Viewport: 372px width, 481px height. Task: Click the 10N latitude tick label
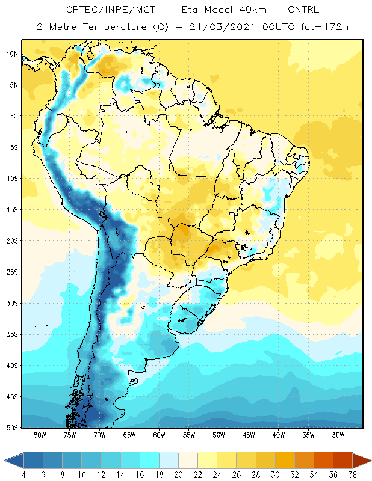pyautogui.click(x=12, y=54)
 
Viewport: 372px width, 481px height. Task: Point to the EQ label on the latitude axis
pyautogui.click(x=14, y=116)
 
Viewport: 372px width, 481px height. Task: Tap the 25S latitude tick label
pyautogui.click(x=12, y=272)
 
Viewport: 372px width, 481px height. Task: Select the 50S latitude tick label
pyautogui.click(x=12, y=427)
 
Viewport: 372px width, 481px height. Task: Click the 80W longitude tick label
pyautogui.click(x=40, y=435)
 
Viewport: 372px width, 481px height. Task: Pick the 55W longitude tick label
pyautogui.click(x=189, y=435)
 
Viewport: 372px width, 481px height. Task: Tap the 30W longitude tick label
pyautogui.click(x=338, y=435)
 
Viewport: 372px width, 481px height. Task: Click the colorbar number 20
pyautogui.click(x=178, y=475)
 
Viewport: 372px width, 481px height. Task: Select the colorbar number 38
pyautogui.click(x=352, y=475)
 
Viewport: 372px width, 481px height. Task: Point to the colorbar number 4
pyautogui.click(x=24, y=475)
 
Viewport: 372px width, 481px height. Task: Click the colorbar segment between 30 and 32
pyautogui.click(x=285, y=461)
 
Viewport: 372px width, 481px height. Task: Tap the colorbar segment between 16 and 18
pyautogui.click(x=150, y=461)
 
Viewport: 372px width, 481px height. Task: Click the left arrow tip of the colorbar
pyautogui.click(x=5, y=461)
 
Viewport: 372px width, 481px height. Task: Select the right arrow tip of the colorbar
pyautogui.click(x=371, y=461)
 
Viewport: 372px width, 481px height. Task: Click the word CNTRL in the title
pyautogui.click(x=303, y=10)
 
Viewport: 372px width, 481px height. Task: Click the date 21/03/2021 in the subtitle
pyautogui.click(x=222, y=27)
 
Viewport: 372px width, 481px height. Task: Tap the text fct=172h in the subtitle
pyautogui.click(x=324, y=27)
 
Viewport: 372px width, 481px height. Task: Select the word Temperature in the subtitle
pyautogui.click(x=114, y=27)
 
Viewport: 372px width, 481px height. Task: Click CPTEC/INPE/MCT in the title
pyautogui.click(x=111, y=10)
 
